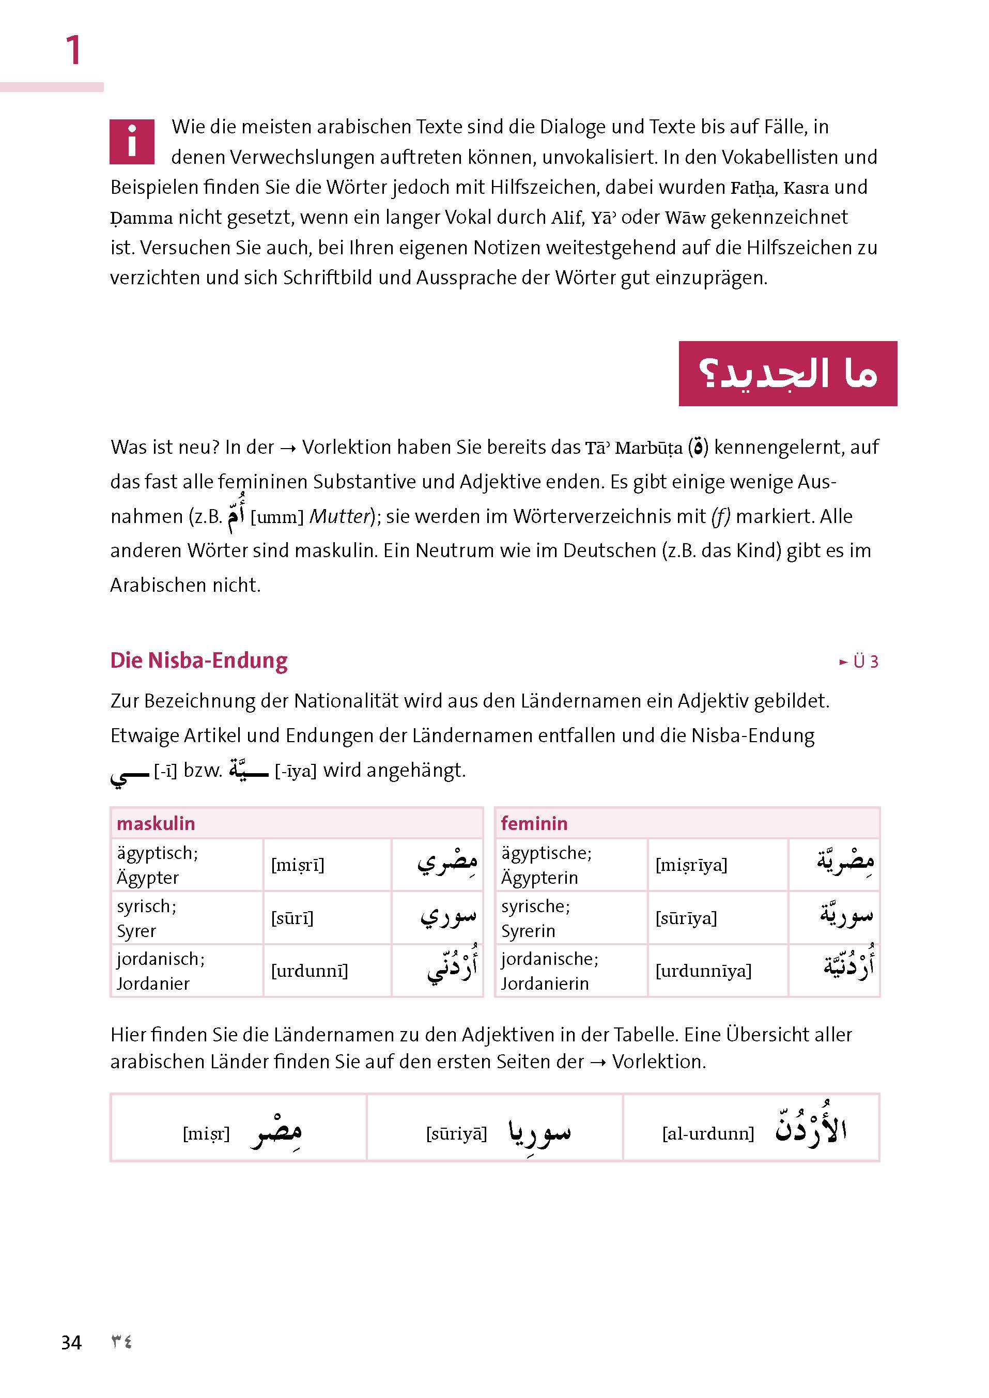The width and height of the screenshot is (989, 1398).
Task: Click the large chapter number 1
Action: (73, 50)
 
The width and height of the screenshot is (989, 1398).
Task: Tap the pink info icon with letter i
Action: (132, 141)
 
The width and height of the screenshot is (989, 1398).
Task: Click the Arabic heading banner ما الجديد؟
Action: (787, 374)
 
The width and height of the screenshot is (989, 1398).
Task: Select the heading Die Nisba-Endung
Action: (198, 660)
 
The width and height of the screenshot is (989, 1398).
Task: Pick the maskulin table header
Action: (156, 824)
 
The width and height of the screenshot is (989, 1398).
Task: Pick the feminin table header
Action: (534, 824)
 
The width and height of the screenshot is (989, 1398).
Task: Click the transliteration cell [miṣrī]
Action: (297, 865)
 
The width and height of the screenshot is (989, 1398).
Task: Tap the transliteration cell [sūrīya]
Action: (686, 918)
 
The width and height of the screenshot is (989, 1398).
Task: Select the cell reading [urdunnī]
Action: (310, 971)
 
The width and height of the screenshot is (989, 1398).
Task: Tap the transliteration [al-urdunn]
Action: (708, 1133)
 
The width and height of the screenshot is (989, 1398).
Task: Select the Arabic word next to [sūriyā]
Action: (539, 1132)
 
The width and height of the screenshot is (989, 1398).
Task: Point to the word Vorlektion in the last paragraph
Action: (658, 1061)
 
